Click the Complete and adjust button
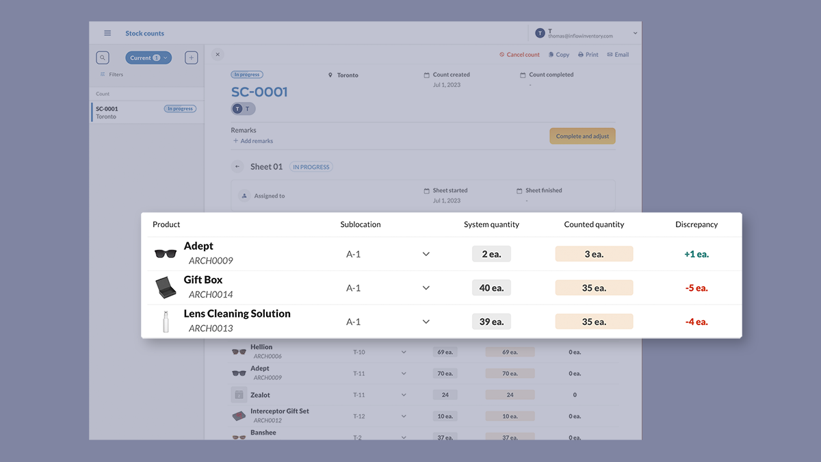[582, 136]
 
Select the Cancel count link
[519, 55]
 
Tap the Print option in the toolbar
[588, 55]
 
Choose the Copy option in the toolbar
[558, 55]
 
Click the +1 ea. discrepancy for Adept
[696, 254]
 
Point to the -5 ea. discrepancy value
[696, 288]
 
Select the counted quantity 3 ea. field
[594, 254]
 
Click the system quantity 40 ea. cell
[491, 288]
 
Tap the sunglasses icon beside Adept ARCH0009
[166, 254]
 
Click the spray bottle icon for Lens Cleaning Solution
[166, 322]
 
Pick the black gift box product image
[166, 287]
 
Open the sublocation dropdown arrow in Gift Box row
[426, 288]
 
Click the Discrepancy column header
[696, 224]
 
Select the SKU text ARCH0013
[211, 329]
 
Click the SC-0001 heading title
[259, 92]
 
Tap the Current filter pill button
[148, 58]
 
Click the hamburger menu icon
[107, 34]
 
